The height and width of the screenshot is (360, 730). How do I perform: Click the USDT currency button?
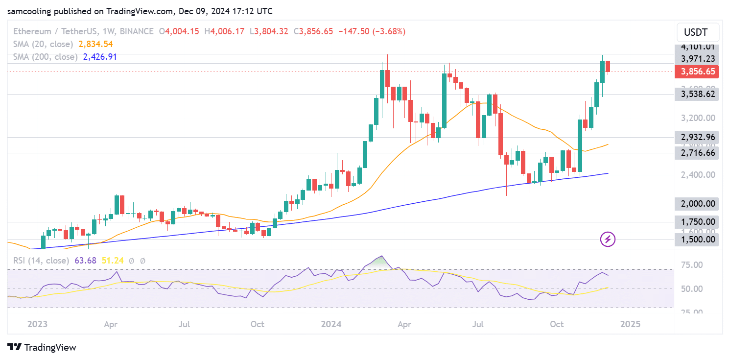coord(698,33)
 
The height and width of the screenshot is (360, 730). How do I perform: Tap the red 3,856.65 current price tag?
coord(696,72)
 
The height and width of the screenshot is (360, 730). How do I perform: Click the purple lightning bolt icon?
coord(608,240)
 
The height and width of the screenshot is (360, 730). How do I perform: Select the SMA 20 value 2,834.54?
coord(95,44)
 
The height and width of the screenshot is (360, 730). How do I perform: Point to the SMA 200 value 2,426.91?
coord(100,57)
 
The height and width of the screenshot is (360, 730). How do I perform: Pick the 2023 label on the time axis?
coord(37,324)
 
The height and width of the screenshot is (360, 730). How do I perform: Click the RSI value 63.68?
coord(86,261)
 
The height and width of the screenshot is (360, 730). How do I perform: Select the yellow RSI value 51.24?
coord(113,261)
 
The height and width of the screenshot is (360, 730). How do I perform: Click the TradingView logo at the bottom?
coord(42,347)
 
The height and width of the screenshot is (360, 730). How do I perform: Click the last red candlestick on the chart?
coord(608,66)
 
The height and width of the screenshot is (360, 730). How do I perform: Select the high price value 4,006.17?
coord(227,31)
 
